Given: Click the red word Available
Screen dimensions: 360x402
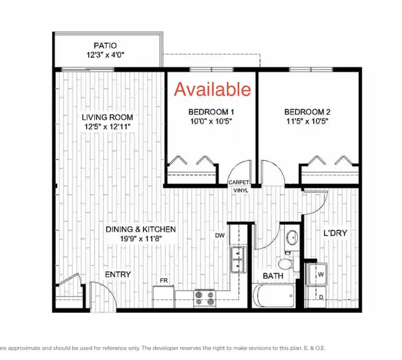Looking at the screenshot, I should pos(212,89).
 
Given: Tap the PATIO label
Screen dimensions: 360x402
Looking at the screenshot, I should pos(106,46).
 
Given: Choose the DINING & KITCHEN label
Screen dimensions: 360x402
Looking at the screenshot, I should pos(141,229).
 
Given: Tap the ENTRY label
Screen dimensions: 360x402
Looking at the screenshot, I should pos(117,275).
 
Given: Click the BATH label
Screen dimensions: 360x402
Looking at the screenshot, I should pos(273,276).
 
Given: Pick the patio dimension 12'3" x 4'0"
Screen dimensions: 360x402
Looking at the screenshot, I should pos(106,55).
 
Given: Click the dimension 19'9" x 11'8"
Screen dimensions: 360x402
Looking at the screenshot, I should pos(141,239).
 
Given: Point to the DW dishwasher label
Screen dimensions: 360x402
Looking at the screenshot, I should pos(220,236).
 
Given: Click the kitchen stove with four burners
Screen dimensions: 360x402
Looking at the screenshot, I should pos(205,298).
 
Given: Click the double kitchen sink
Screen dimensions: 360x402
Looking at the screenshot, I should pos(237,259).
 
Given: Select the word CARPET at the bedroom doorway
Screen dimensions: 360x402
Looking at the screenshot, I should pos(239,182).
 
